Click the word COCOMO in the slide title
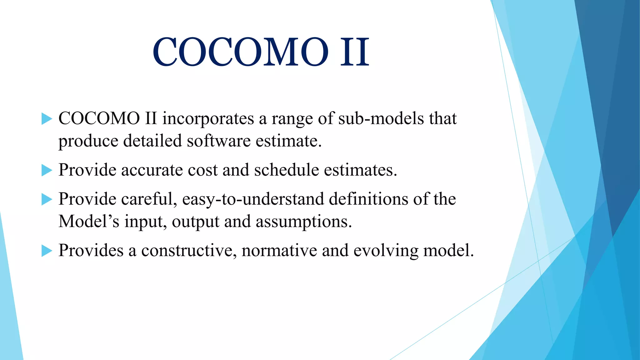pyautogui.click(x=241, y=52)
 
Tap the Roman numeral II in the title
pyautogui.click(x=355, y=52)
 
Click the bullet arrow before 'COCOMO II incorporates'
pyautogui.click(x=47, y=119)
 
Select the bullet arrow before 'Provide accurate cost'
pyautogui.click(x=47, y=171)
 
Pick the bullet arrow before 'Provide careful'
pyautogui.click(x=47, y=199)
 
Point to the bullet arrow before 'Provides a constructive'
pyautogui.click(x=47, y=251)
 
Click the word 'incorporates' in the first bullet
pyautogui.click(x=208, y=119)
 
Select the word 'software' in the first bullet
pyautogui.click(x=219, y=141)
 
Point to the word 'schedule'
pyautogui.click(x=287, y=170)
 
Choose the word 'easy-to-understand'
pyautogui.click(x=253, y=199)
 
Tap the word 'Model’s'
pyautogui.click(x=89, y=221)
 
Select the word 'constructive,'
pyautogui.click(x=189, y=251)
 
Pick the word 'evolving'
pyautogui.click(x=386, y=251)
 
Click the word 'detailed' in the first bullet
pyautogui.click(x=152, y=141)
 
